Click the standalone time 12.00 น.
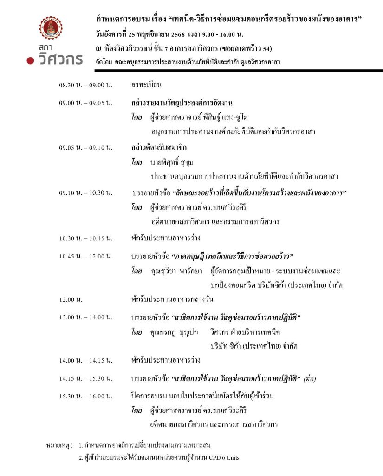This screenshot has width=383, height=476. [x=71, y=299]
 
